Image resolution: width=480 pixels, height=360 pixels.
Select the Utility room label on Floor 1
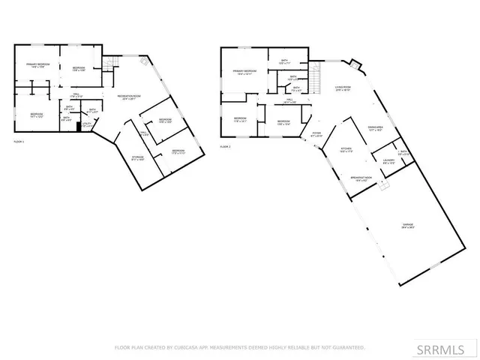(88, 124)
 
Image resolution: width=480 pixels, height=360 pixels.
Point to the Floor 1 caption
(19, 141)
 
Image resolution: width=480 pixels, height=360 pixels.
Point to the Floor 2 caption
(225, 147)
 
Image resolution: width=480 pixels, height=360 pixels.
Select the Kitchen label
(346, 149)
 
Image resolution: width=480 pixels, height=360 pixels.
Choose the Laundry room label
(388, 161)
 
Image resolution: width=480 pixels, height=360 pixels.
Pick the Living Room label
(343, 88)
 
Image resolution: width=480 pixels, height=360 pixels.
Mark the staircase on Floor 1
(109, 65)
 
